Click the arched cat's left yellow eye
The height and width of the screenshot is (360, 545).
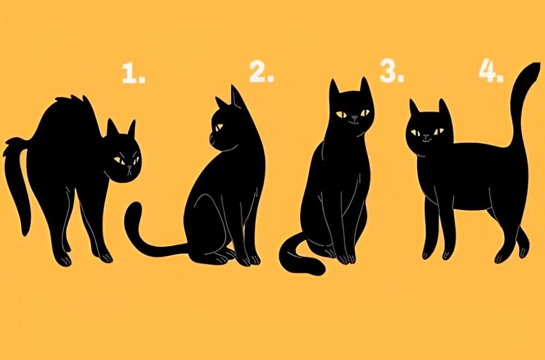[x=118, y=160]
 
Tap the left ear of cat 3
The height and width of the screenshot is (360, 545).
[x=334, y=89]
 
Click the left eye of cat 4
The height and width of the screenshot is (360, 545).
[x=415, y=132]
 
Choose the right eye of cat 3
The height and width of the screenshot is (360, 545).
[x=365, y=113]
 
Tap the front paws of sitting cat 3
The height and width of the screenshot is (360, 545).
[x=346, y=259]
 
